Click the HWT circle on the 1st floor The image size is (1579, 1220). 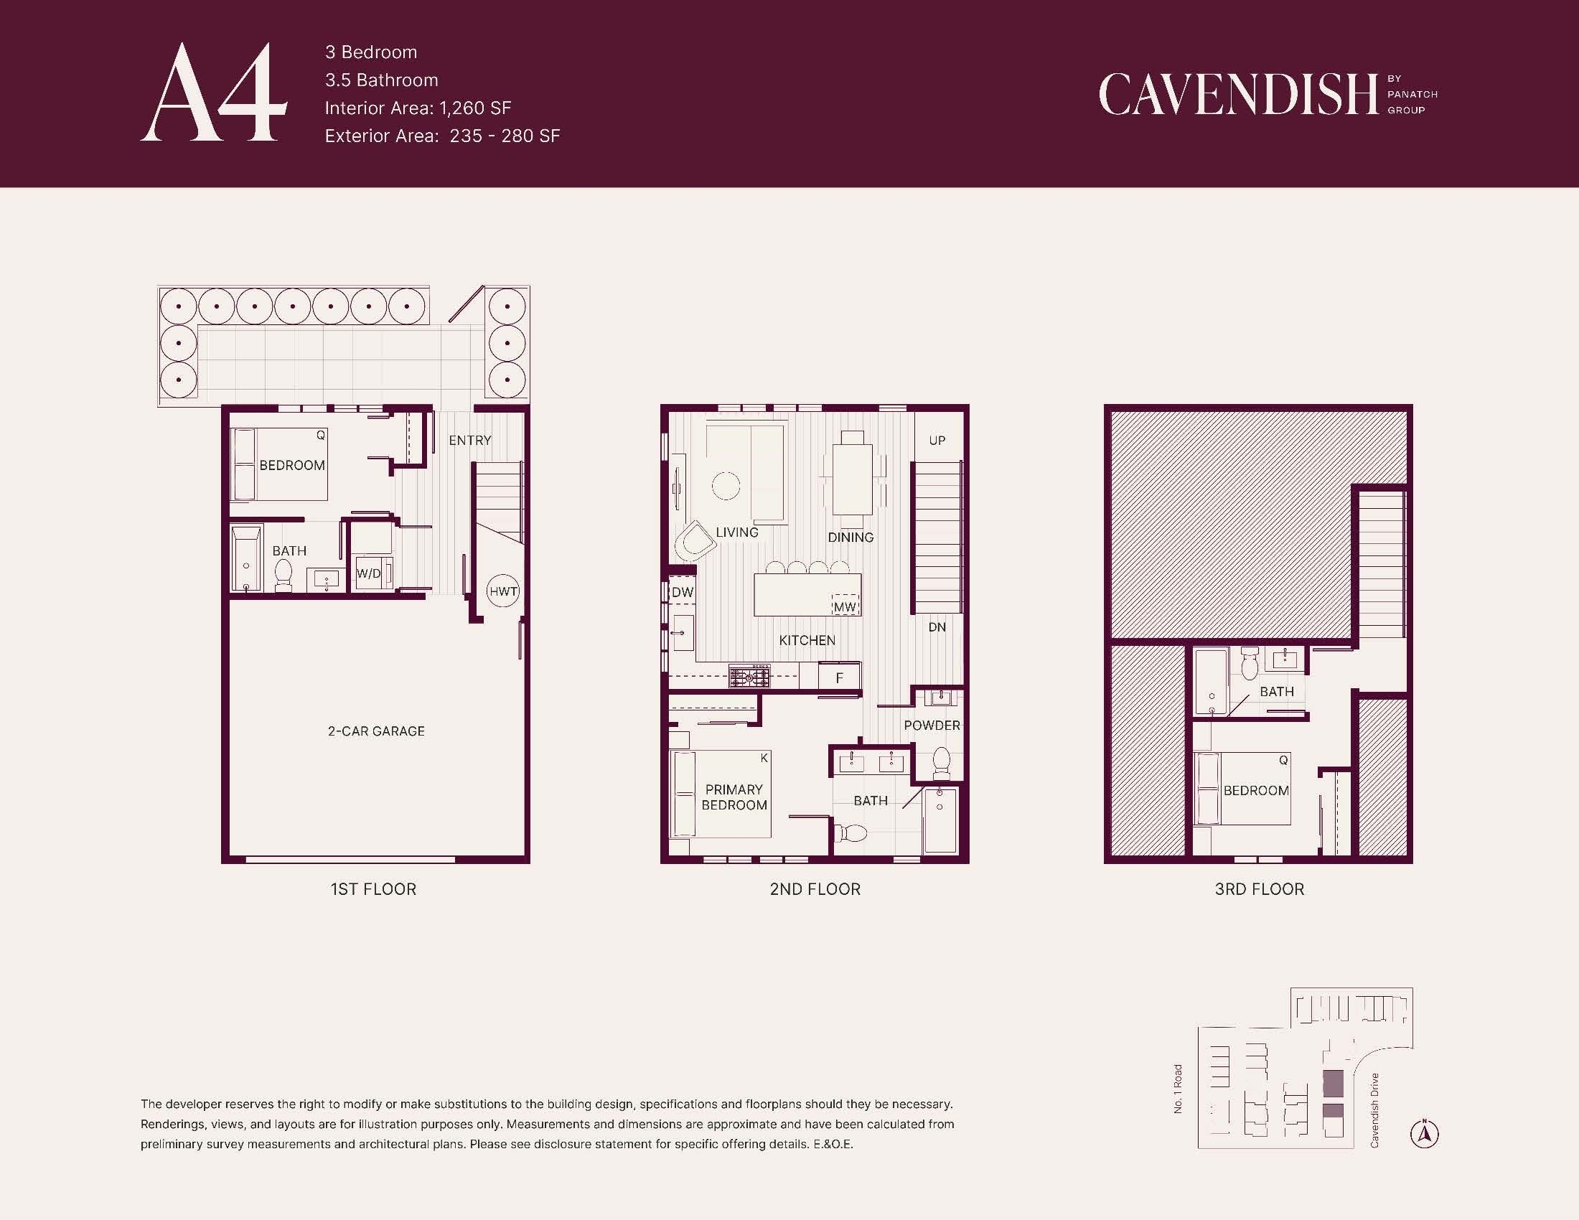pyautogui.click(x=503, y=591)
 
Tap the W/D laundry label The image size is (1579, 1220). pyautogui.click(x=369, y=574)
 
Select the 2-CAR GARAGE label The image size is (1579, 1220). pyautogui.click(x=376, y=731)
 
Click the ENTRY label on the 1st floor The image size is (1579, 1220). pyautogui.click(x=470, y=440)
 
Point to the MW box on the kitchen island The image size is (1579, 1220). pyautogui.click(x=845, y=607)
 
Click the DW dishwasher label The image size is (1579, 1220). pyautogui.click(x=683, y=592)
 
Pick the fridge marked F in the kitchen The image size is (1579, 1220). pyautogui.click(x=840, y=677)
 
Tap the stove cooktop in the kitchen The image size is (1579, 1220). pyautogui.click(x=750, y=677)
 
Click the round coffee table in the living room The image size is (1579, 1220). pyautogui.click(x=726, y=486)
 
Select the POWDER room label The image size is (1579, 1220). pyautogui.click(x=932, y=725)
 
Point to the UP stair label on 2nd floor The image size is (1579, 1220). pyautogui.click(x=937, y=440)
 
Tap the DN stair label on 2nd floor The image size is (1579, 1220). pyautogui.click(x=937, y=627)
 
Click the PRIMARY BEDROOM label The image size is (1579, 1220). pyautogui.click(x=734, y=797)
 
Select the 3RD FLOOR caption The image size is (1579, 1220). pyautogui.click(x=1260, y=889)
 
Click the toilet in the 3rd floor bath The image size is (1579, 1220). pyautogui.click(x=1250, y=664)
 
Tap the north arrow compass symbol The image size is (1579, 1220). pyautogui.click(x=1424, y=1133)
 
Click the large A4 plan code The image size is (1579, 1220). pyautogui.click(x=214, y=92)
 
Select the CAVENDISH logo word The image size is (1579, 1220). pyautogui.click(x=1239, y=94)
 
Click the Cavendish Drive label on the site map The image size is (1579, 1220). pyautogui.click(x=1374, y=1110)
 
